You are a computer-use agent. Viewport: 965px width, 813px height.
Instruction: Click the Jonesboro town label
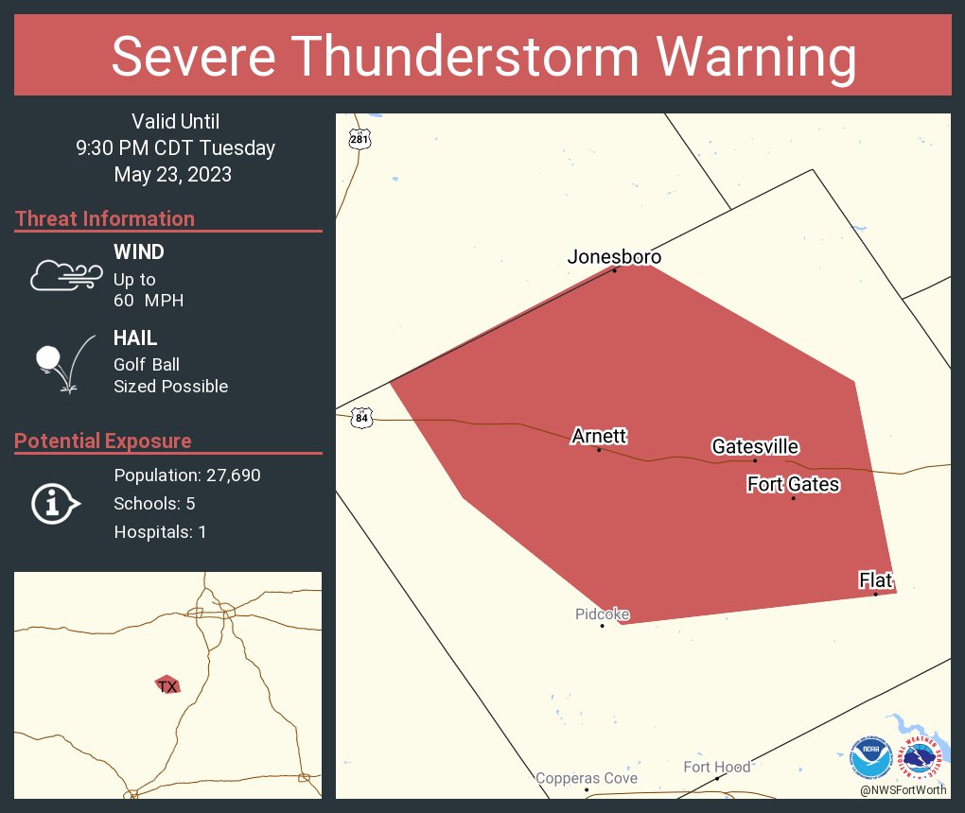click(614, 257)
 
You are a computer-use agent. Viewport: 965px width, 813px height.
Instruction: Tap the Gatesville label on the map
click(755, 447)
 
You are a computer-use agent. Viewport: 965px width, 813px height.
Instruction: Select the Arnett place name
click(599, 436)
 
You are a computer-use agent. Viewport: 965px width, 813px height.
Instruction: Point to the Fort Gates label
click(793, 485)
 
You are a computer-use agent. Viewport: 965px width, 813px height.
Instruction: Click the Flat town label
click(875, 580)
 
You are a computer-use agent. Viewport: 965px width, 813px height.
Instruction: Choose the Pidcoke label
click(602, 614)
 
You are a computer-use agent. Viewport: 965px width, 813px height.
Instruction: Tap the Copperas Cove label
click(587, 778)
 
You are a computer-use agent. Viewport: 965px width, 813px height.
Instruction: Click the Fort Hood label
click(717, 767)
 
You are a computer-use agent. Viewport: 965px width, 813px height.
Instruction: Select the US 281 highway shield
click(358, 138)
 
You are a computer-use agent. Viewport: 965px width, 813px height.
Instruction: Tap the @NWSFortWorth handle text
click(904, 789)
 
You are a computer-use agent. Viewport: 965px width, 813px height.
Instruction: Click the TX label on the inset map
click(167, 686)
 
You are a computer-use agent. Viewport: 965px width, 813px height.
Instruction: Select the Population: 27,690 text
click(186, 475)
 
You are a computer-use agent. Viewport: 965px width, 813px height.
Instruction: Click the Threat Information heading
click(105, 218)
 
